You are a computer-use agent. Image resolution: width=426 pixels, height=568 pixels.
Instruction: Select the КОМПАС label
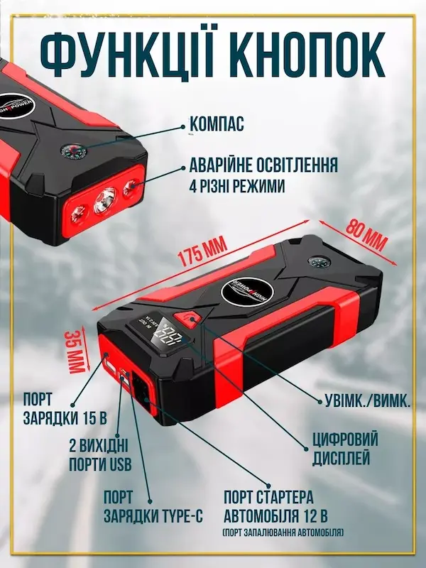click(217, 125)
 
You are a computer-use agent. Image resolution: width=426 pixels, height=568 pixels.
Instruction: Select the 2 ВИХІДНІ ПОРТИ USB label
click(99, 454)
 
